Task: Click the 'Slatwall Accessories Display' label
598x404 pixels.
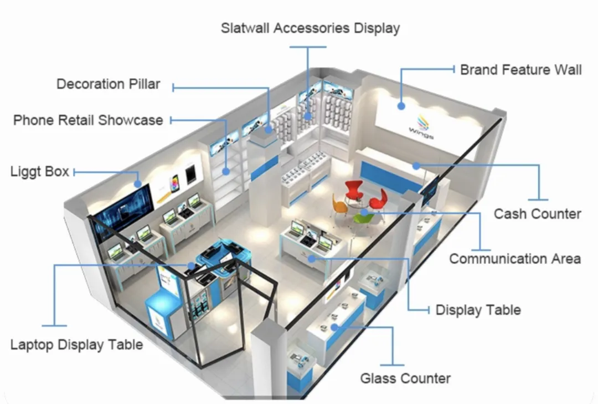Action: point(310,28)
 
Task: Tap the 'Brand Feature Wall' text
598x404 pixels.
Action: point(520,70)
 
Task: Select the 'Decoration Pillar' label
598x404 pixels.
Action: point(109,84)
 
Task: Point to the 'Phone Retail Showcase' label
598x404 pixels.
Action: point(88,120)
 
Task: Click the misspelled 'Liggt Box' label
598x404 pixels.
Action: point(40,171)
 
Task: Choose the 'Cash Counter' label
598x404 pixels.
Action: point(537,214)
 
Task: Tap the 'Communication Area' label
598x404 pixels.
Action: point(515,259)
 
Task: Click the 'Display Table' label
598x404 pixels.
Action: point(478,310)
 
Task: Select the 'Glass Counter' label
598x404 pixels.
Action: point(405,379)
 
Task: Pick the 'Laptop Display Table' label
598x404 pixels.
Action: point(76,345)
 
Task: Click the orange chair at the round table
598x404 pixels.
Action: point(339,205)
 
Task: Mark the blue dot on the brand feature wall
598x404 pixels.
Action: point(401,105)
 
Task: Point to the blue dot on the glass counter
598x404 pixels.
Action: point(334,328)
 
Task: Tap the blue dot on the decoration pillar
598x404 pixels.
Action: point(269,130)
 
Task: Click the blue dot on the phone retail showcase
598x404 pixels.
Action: point(226,172)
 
